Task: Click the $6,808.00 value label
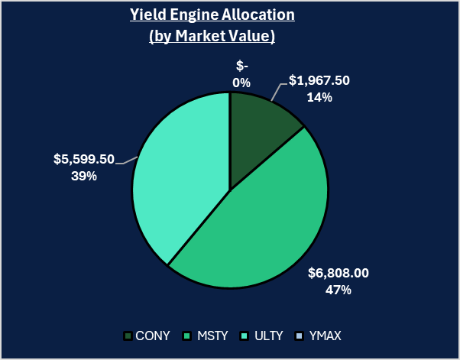(337, 273)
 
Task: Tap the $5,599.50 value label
(83, 159)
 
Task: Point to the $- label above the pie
(241, 66)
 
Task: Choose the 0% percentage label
(241, 82)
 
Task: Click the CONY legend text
(153, 336)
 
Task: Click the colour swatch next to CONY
(128, 336)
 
